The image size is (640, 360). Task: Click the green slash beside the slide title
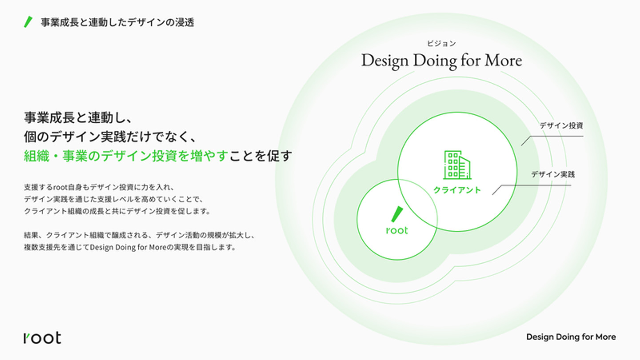click(28, 22)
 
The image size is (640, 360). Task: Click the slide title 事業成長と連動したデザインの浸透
click(117, 22)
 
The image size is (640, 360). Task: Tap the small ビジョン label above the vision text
click(441, 44)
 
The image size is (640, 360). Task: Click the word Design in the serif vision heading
click(384, 61)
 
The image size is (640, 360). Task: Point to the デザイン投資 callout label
click(561, 125)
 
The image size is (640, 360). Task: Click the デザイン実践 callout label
click(553, 174)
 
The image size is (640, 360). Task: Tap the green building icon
click(457, 165)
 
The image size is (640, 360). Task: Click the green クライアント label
click(457, 190)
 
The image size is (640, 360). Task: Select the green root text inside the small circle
click(397, 230)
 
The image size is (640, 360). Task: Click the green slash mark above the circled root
click(397, 214)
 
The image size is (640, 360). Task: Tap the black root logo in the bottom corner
click(42, 337)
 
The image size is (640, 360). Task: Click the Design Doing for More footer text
click(571, 337)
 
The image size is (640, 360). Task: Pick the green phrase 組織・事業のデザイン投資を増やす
click(126, 156)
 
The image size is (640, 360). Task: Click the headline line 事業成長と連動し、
click(78, 118)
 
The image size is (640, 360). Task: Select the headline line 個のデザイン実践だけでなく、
click(110, 137)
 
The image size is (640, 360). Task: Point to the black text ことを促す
click(260, 156)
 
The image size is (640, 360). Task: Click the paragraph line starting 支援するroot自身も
click(99, 188)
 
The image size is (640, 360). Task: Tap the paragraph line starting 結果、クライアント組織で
click(139, 235)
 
